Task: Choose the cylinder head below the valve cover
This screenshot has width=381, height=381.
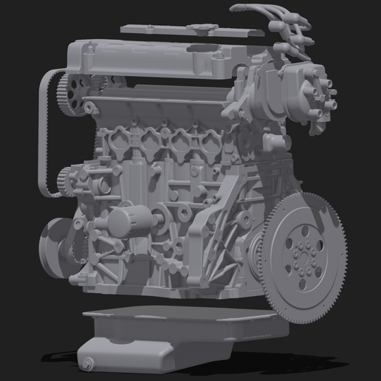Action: pos(162,107)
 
